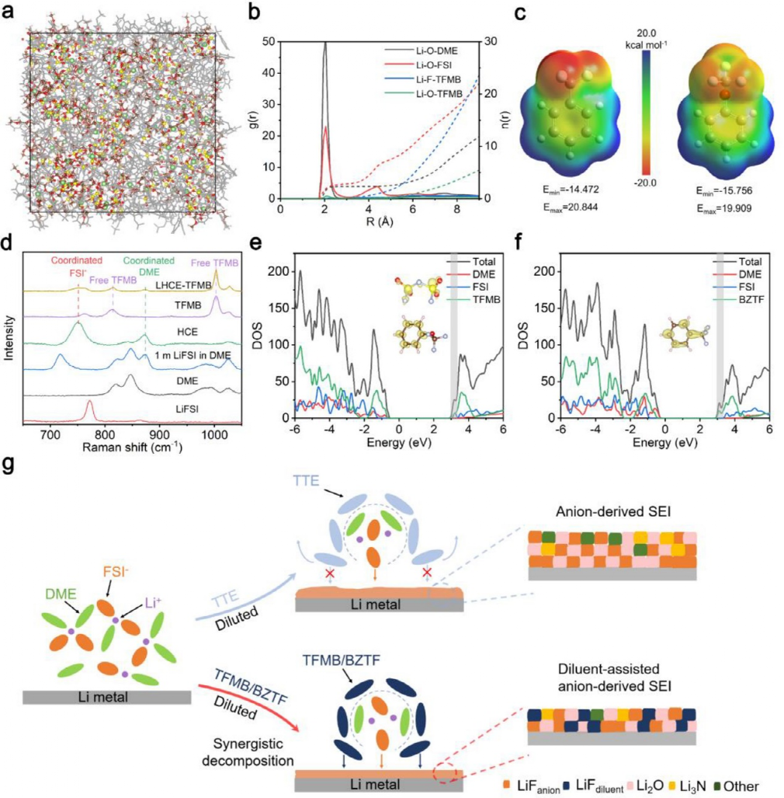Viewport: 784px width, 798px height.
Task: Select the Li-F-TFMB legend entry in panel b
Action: [428, 78]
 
